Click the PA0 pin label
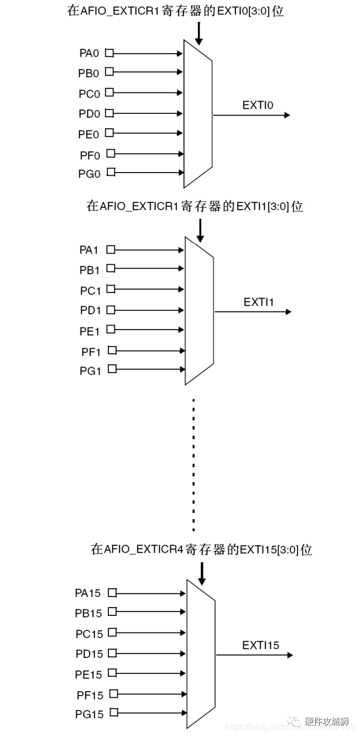point(89,54)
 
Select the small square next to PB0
point(109,71)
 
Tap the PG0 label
point(89,174)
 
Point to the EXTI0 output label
point(258,105)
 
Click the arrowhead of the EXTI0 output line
point(286,115)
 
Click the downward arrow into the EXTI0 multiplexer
point(199,34)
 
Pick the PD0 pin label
point(89,114)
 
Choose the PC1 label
point(90,290)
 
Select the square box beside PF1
point(112,349)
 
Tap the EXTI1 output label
point(259,302)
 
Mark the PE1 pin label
point(90,331)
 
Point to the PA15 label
point(88,593)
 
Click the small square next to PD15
point(113,653)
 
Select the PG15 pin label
point(89,714)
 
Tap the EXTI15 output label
point(260,645)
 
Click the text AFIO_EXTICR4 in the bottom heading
point(144,550)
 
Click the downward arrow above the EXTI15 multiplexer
point(201,574)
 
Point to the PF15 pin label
point(90,695)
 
